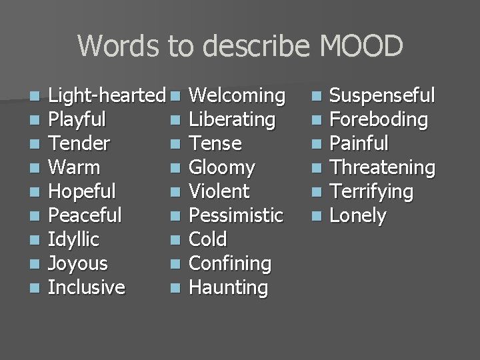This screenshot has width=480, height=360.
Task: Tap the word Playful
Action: (79, 120)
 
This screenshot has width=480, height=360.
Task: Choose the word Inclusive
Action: (87, 288)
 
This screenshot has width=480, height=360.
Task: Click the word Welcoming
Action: (237, 96)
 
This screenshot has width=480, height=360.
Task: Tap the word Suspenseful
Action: (383, 96)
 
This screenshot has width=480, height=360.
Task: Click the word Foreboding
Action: (379, 120)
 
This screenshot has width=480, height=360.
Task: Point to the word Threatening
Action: (383, 168)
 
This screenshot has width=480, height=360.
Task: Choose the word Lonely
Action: (359, 216)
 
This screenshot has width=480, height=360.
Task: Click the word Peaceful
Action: (86, 216)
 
